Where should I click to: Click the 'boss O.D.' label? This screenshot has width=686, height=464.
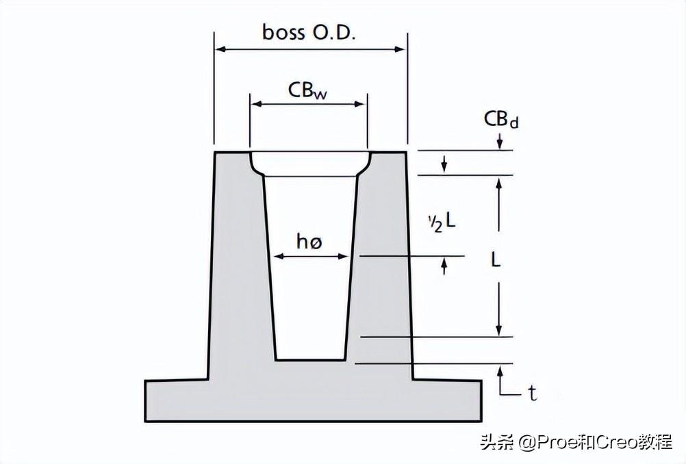click(x=309, y=32)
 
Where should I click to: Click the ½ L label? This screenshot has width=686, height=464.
click(x=442, y=221)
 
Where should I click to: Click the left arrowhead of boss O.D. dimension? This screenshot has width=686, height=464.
click(x=220, y=49)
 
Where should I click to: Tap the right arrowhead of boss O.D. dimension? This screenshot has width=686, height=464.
click(x=403, y=49)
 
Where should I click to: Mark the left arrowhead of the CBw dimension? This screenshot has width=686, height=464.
click(x=255, y=104)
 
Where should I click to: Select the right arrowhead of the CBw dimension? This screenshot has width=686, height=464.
click(x=361, y=104)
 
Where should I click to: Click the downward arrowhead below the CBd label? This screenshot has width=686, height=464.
click(x=500, y=144)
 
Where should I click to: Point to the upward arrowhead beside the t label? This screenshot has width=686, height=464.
click(x=500, y=370)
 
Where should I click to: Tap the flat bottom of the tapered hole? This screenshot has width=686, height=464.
click(x=309, y=359)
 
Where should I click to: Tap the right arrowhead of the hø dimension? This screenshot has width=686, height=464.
click(x=344, y=257)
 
